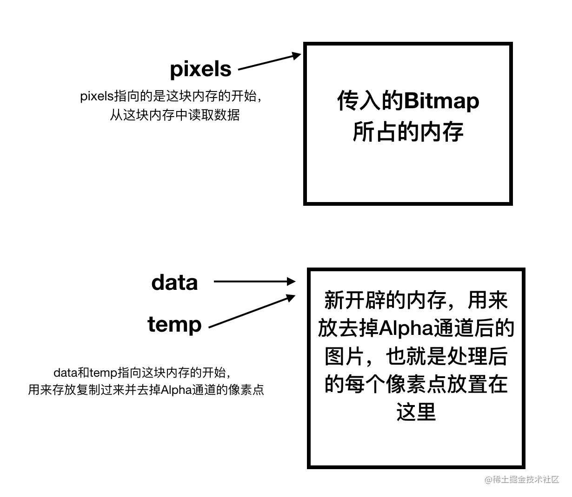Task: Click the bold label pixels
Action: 200,69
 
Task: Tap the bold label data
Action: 174,282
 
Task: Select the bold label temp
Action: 174,324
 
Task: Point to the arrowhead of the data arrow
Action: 292,281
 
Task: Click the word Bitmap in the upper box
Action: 441,101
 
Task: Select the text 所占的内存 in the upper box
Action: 408,132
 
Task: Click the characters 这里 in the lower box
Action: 416,412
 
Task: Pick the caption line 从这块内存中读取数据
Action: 174,114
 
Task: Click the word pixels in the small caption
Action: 97,97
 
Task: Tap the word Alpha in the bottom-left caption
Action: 177,390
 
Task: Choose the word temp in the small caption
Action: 103,373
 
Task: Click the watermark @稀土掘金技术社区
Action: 522,479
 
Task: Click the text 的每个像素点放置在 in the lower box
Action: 416,384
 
